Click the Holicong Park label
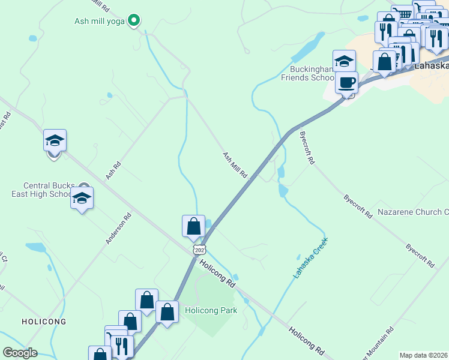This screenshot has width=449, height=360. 211,310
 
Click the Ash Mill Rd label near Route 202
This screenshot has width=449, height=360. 235,165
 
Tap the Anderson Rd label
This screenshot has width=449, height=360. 119,229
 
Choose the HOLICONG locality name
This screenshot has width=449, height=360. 44,322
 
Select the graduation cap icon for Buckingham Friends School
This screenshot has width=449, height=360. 345,61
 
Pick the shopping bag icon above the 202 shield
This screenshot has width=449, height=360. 193,226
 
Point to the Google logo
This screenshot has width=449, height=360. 20,353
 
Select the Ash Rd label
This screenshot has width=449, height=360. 113,170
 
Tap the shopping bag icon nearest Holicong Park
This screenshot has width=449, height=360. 167,311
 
